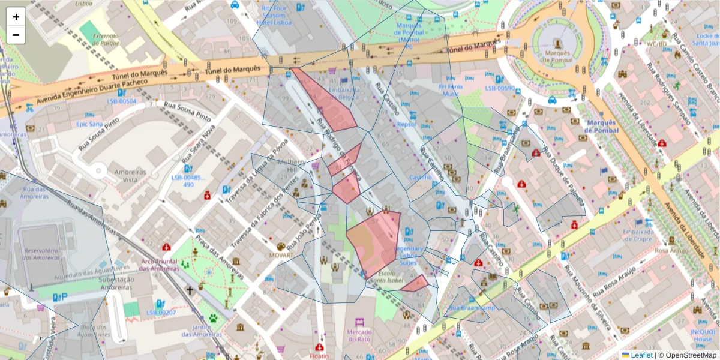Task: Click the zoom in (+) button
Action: click(16, 17)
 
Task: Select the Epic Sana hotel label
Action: click(90, 124)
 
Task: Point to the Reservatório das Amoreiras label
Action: click(41, 254)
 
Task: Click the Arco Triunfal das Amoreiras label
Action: click(160, 265)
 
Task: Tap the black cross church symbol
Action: click(190, 290)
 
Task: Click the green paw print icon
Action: click(213, 319)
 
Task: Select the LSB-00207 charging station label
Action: click(160, 313)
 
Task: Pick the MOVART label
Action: click(281, 256)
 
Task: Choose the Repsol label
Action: click(406, 124)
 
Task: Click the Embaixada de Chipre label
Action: click(637, 235)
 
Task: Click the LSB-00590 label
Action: click(500, 88)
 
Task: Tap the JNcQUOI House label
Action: click(703, 335)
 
